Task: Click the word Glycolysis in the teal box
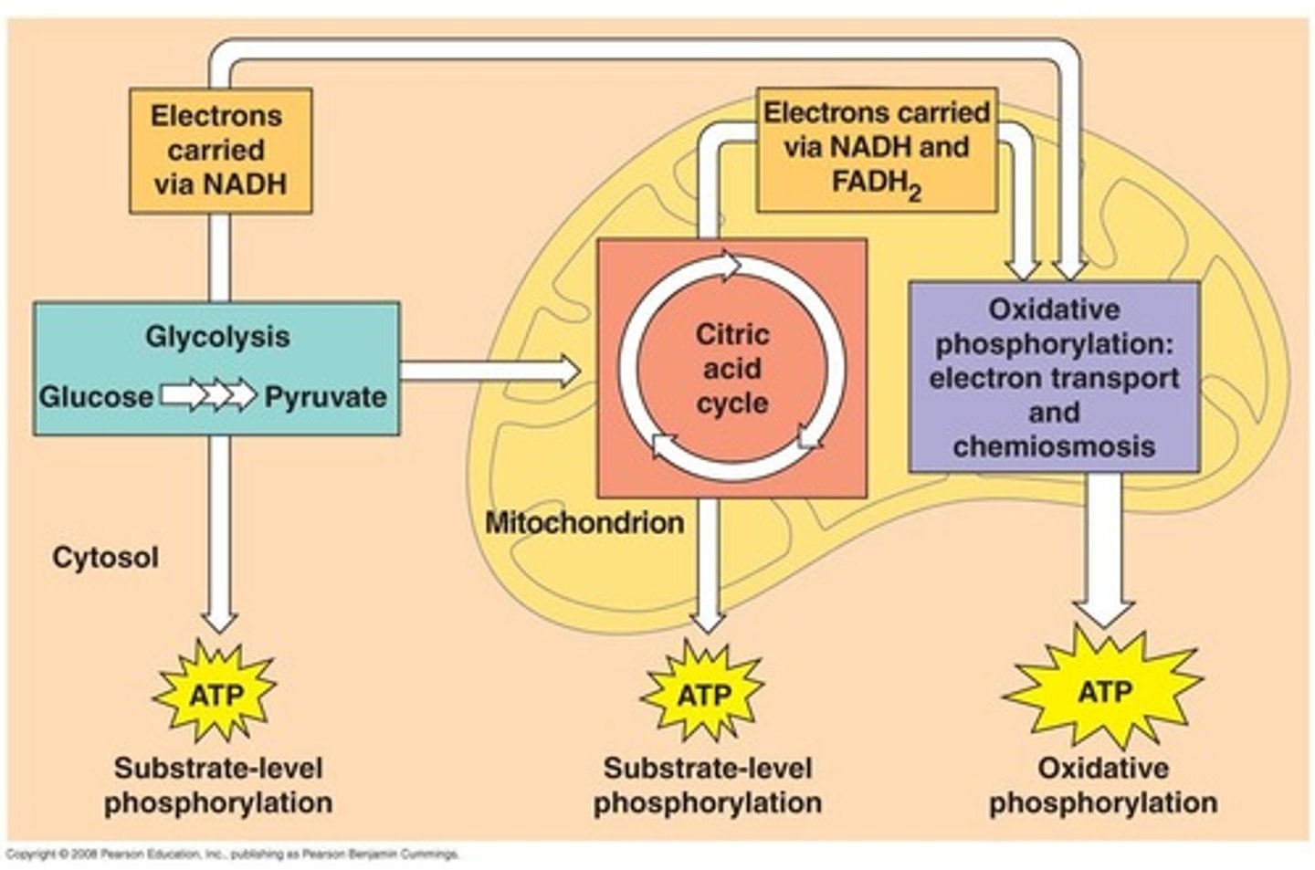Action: [217, 337]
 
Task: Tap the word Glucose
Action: [96, 397]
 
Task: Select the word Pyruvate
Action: [325, 397]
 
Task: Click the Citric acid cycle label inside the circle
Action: [731, 369]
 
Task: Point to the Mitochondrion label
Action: [584, 523]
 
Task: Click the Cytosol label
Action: [105, 557]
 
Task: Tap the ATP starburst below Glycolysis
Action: [216, 696]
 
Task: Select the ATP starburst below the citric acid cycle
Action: [703, 696]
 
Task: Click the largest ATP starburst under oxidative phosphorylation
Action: [1103, 692]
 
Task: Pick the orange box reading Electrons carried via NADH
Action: [220, 151]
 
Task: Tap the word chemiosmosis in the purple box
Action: [1054, 446]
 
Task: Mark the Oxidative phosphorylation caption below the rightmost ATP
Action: [1103, 785]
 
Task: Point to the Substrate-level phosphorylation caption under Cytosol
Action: [218, 785]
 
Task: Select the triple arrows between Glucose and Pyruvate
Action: [210, 396]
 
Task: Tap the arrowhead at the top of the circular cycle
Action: [731, 266]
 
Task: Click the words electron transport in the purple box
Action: [1054, 378]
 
